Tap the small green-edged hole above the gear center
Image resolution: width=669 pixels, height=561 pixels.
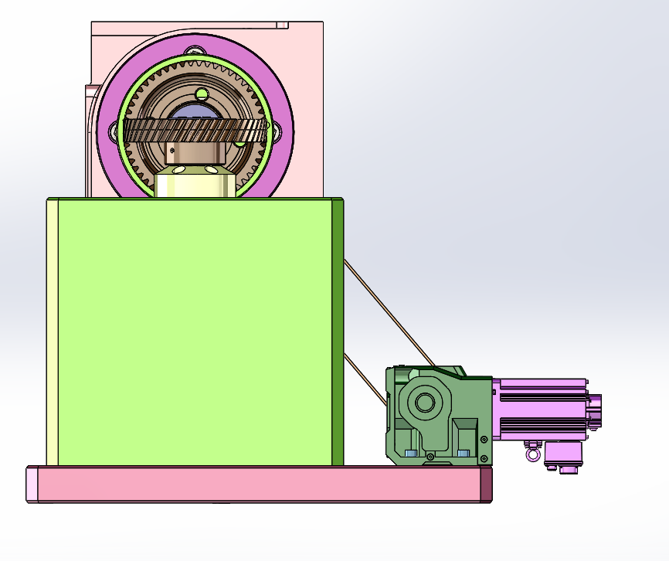tap(202, 94)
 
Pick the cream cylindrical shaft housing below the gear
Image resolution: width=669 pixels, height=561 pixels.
tap(194, 185)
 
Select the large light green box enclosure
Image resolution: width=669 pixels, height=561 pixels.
tap(193, 332)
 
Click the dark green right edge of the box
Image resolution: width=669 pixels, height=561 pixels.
tap(338, 332)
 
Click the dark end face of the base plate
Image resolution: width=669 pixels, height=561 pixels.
tap(486, 484)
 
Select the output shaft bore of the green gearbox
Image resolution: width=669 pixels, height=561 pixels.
tap(424, 402)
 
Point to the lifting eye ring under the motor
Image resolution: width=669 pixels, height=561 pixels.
tap(532, 454)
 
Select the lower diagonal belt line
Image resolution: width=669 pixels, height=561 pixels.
tap(365, 379)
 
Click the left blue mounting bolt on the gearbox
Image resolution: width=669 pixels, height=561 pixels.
tap(410, 453)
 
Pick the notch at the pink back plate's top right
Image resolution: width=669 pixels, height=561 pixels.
tap(283, 25)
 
